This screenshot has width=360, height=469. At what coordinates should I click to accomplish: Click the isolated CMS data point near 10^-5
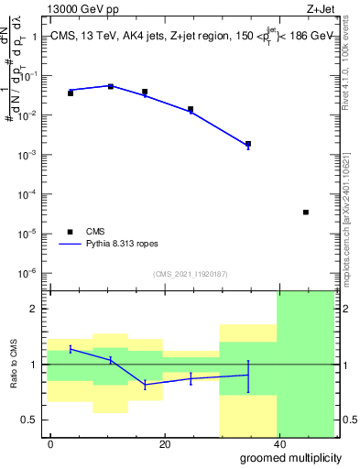(x=305, y=212)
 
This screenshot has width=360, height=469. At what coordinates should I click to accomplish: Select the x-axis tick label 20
(x=164, y=444)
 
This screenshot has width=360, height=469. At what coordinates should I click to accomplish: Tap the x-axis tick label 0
(x=51, y=444)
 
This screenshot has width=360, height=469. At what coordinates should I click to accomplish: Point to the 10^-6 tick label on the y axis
(x=27, y=273)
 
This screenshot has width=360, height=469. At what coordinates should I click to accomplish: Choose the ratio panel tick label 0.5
(x=29, y=420)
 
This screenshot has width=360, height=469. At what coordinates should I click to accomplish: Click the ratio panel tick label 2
(x=33, y=309)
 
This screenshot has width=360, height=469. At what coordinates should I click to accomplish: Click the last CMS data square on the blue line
(x=248, y=144)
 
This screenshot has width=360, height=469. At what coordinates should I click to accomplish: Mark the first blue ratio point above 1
(x=71, y=349)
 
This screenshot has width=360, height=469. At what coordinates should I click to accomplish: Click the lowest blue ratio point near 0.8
(x=145, y=386)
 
